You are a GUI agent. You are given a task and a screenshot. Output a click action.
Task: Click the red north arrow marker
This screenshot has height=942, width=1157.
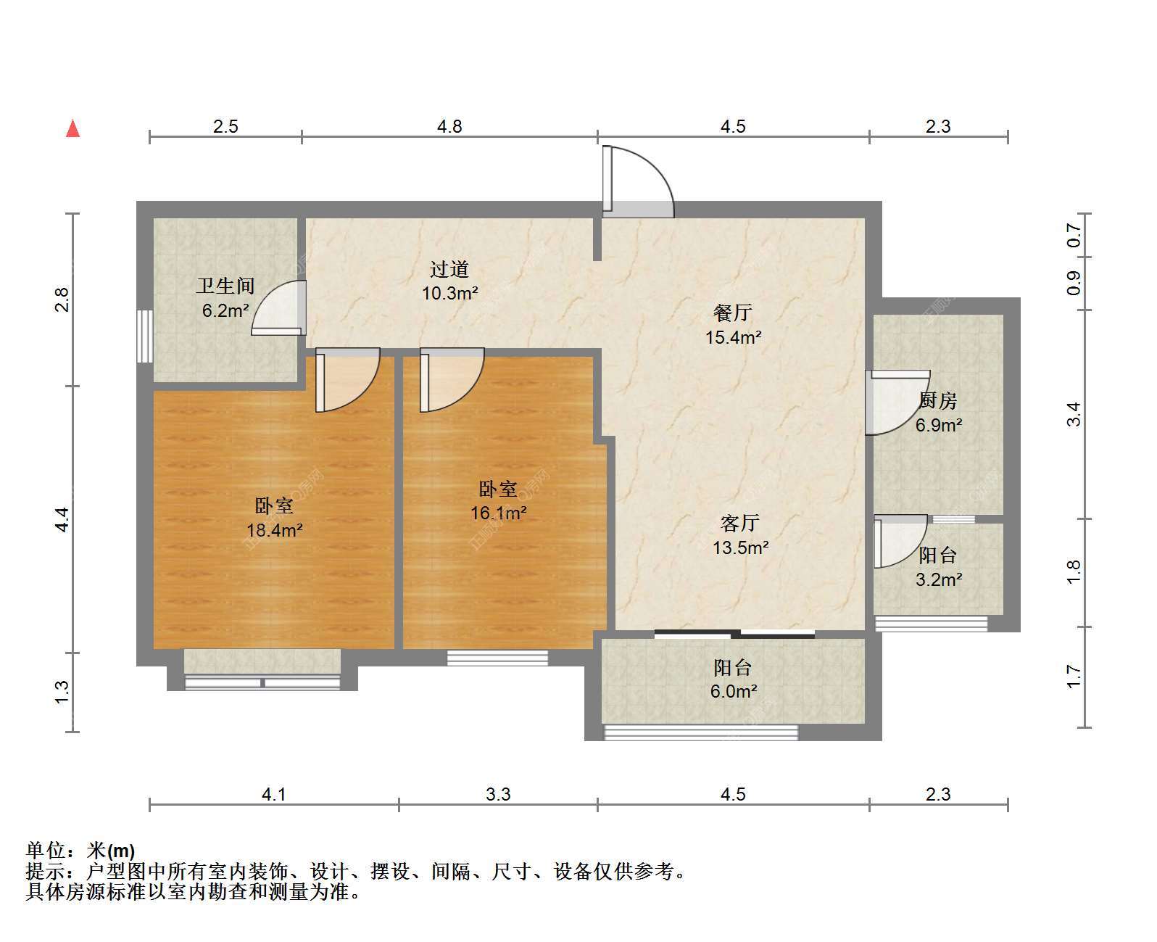point(72,129)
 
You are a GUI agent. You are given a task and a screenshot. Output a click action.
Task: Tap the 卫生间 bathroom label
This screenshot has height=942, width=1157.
point(225,286)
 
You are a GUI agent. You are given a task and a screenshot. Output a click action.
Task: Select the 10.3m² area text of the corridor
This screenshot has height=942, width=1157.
point(449,294)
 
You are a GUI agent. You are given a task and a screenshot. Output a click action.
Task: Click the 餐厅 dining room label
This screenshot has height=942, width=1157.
point(733,313)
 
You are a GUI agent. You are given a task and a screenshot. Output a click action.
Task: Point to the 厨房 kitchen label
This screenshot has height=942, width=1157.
point(938,401)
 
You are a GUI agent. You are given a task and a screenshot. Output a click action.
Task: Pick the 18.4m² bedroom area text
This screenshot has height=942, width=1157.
point(274,529)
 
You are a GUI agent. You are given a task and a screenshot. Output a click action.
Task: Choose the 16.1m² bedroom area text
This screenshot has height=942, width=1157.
point(498,513)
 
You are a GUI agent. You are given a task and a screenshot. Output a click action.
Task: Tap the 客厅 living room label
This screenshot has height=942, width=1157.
point(740,523)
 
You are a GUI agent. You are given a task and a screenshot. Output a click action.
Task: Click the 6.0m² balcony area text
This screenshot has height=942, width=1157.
point(734,691)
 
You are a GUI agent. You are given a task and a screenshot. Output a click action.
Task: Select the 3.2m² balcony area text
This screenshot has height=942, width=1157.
point(939,579)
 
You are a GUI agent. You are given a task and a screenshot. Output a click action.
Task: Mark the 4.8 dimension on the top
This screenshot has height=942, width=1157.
point(449,127)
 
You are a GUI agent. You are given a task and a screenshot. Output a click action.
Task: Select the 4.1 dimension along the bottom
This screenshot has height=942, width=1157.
point(274,794)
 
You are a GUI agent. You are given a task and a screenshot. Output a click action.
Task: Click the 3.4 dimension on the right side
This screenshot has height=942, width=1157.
point(1074,415)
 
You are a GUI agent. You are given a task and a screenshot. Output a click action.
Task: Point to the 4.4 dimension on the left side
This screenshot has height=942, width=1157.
point(63,519)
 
